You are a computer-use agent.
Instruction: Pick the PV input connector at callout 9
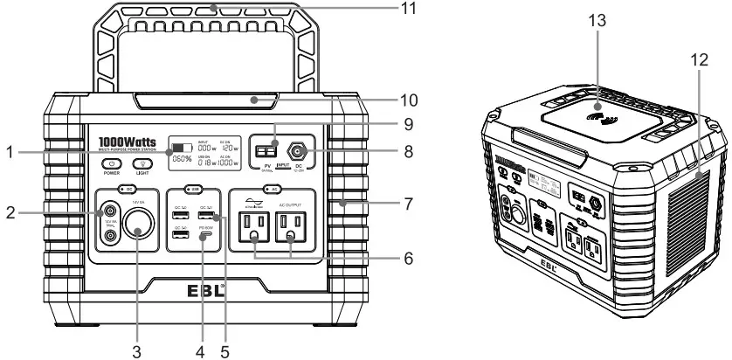click(265, 149)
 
